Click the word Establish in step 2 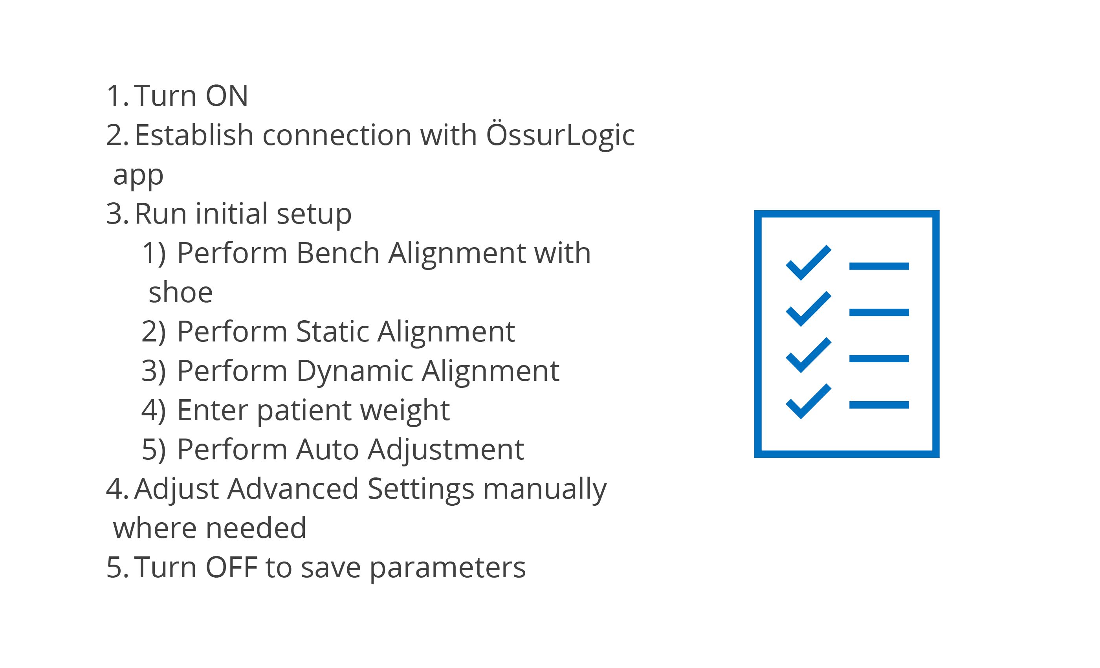click(194, 134)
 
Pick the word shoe click(181, 293)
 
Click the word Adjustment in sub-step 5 click(445, 450)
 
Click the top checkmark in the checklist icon click(808, 263)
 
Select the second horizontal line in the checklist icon click(879, 312)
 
